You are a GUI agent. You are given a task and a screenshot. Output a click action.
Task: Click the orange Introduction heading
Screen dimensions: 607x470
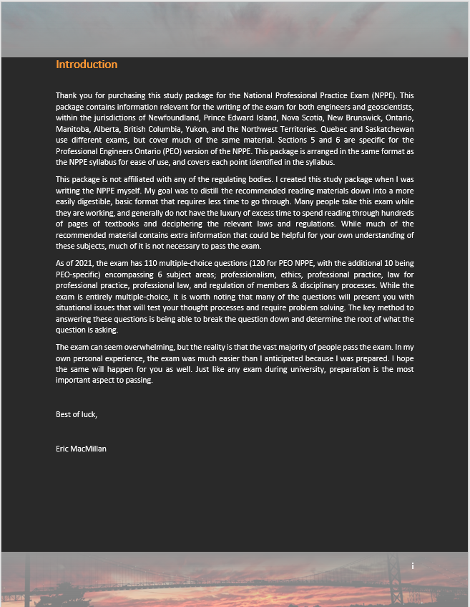tap(87, 64)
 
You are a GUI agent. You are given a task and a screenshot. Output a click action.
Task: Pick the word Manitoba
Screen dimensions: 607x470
tap(73, 123)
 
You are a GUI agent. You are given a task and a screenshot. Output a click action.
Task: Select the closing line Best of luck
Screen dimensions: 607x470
tap(77, 414)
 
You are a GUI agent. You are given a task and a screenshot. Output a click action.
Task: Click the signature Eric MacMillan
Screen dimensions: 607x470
tap(82, 449)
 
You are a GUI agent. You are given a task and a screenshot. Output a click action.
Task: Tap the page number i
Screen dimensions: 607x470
tap(413, 566)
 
